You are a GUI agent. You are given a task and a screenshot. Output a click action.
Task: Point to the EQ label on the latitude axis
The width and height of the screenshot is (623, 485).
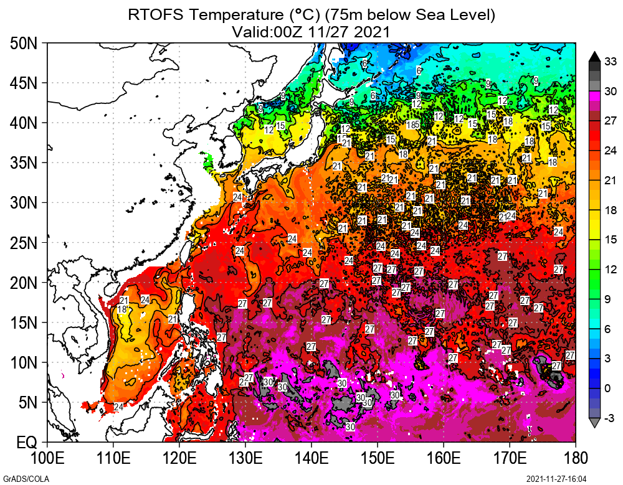(27, 443)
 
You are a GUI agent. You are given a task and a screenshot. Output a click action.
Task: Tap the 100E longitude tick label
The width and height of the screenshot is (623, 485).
(48, 459)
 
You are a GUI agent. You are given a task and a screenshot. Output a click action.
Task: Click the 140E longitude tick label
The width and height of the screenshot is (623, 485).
(311, 459)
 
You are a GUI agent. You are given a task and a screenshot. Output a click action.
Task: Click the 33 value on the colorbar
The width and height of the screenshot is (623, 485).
(611, 61)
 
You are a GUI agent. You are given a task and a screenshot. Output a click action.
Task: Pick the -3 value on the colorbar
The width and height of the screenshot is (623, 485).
(611, 417)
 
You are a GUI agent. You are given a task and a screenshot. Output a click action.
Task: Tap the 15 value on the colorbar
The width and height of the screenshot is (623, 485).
(611, 240)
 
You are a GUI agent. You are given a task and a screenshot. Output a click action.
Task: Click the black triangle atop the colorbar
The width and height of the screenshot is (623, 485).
(594, 56)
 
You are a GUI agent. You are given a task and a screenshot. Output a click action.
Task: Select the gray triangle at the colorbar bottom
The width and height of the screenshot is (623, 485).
(594, 423)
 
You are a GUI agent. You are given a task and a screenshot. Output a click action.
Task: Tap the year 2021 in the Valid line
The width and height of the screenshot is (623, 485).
(372, 31)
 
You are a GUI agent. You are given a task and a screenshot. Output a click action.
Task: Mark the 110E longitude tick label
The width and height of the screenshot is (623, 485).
(113, 459)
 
